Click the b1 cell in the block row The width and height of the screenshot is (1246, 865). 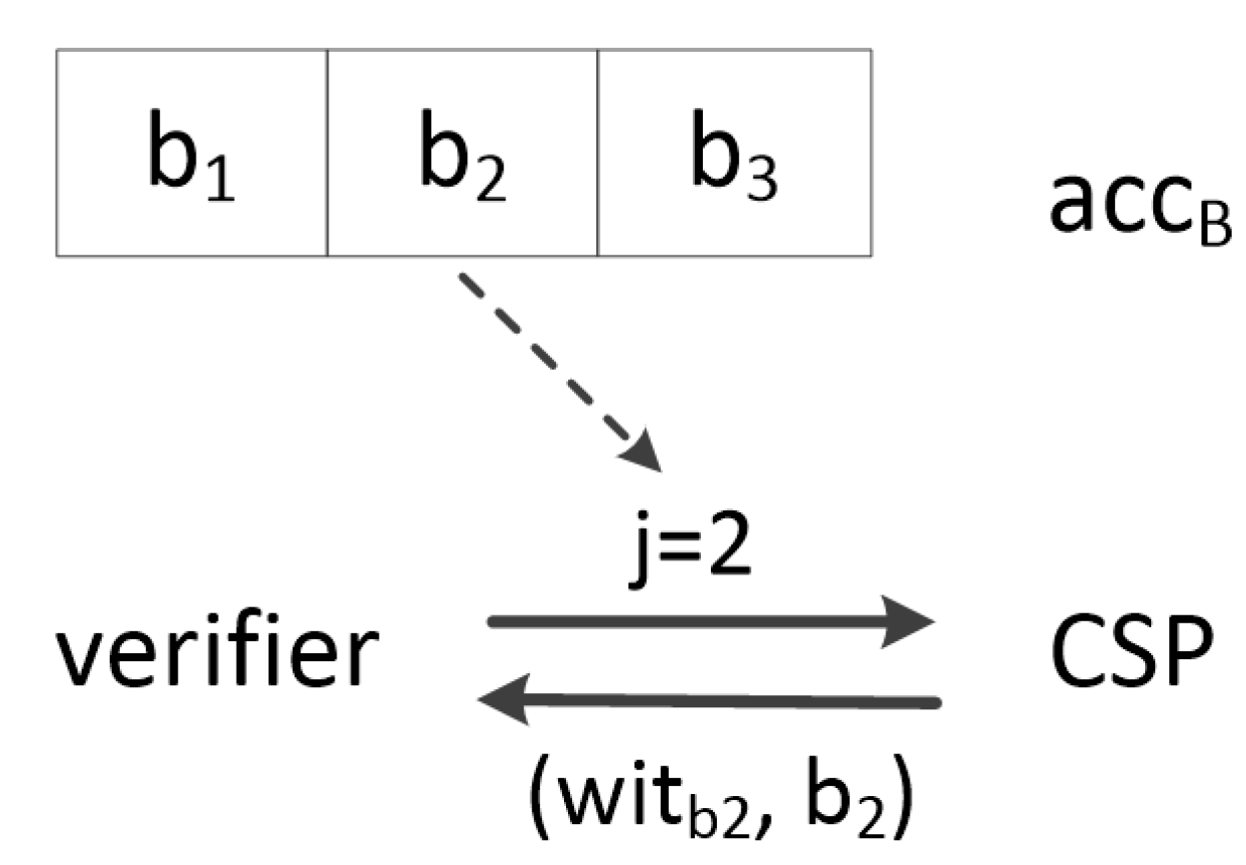tap(192, 151)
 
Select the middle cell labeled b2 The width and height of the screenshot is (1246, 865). tap(462, 151)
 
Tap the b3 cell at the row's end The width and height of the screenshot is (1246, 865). tap(734, 151)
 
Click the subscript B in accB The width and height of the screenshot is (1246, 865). tap(1216, 228)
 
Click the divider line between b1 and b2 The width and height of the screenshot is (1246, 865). tap(327, 151)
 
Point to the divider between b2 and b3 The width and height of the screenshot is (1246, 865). tap(598, 151)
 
